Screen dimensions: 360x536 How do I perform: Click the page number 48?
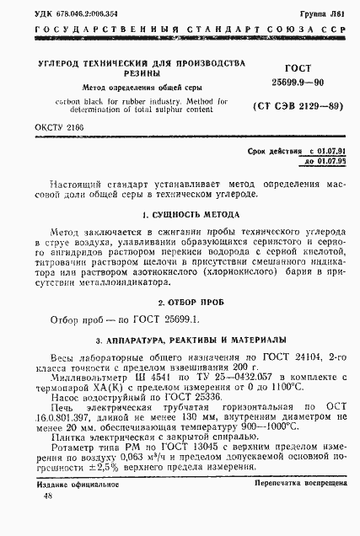(x=46, y=520)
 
